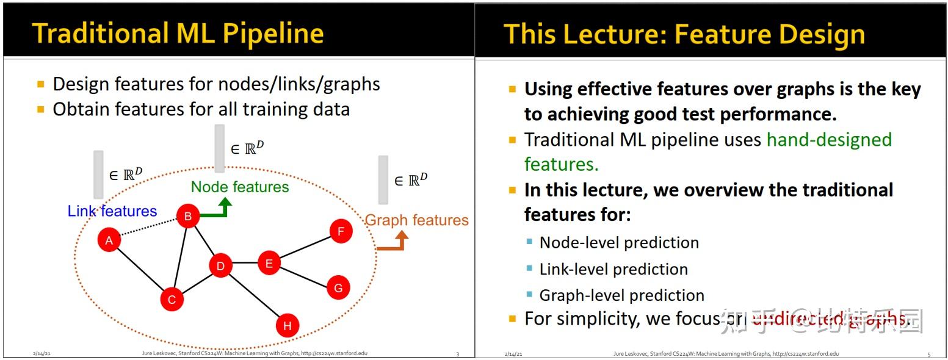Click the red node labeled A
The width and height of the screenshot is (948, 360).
click(x=109, y=240)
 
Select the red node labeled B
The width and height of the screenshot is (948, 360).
click(x=188, y=215)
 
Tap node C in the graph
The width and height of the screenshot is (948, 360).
click(x=172, y=299)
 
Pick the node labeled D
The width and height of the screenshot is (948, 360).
click(x=220, y=265)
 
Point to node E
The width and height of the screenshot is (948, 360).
click(x=269, y=263)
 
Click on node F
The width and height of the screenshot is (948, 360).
click(x=341, y=231)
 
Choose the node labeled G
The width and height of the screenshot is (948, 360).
click(x=338, y=287)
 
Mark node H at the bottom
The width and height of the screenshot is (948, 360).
click(x=287, y=325)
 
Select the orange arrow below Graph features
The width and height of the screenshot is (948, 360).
click(x=393, y=242)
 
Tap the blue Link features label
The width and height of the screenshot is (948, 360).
click(x=112, y=211)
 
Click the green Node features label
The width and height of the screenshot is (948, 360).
click(x=240, y=187)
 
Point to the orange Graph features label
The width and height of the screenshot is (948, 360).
click(x=416, y=220)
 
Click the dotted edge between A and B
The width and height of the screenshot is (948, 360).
click(x=148, y=228)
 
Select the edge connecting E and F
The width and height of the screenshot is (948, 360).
click(x=305, y=247)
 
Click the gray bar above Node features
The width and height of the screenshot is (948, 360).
click(x=220, y=148)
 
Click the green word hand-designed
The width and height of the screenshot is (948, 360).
click(x=829, y=140)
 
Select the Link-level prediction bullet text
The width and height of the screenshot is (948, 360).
click(x=613, y=269)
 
